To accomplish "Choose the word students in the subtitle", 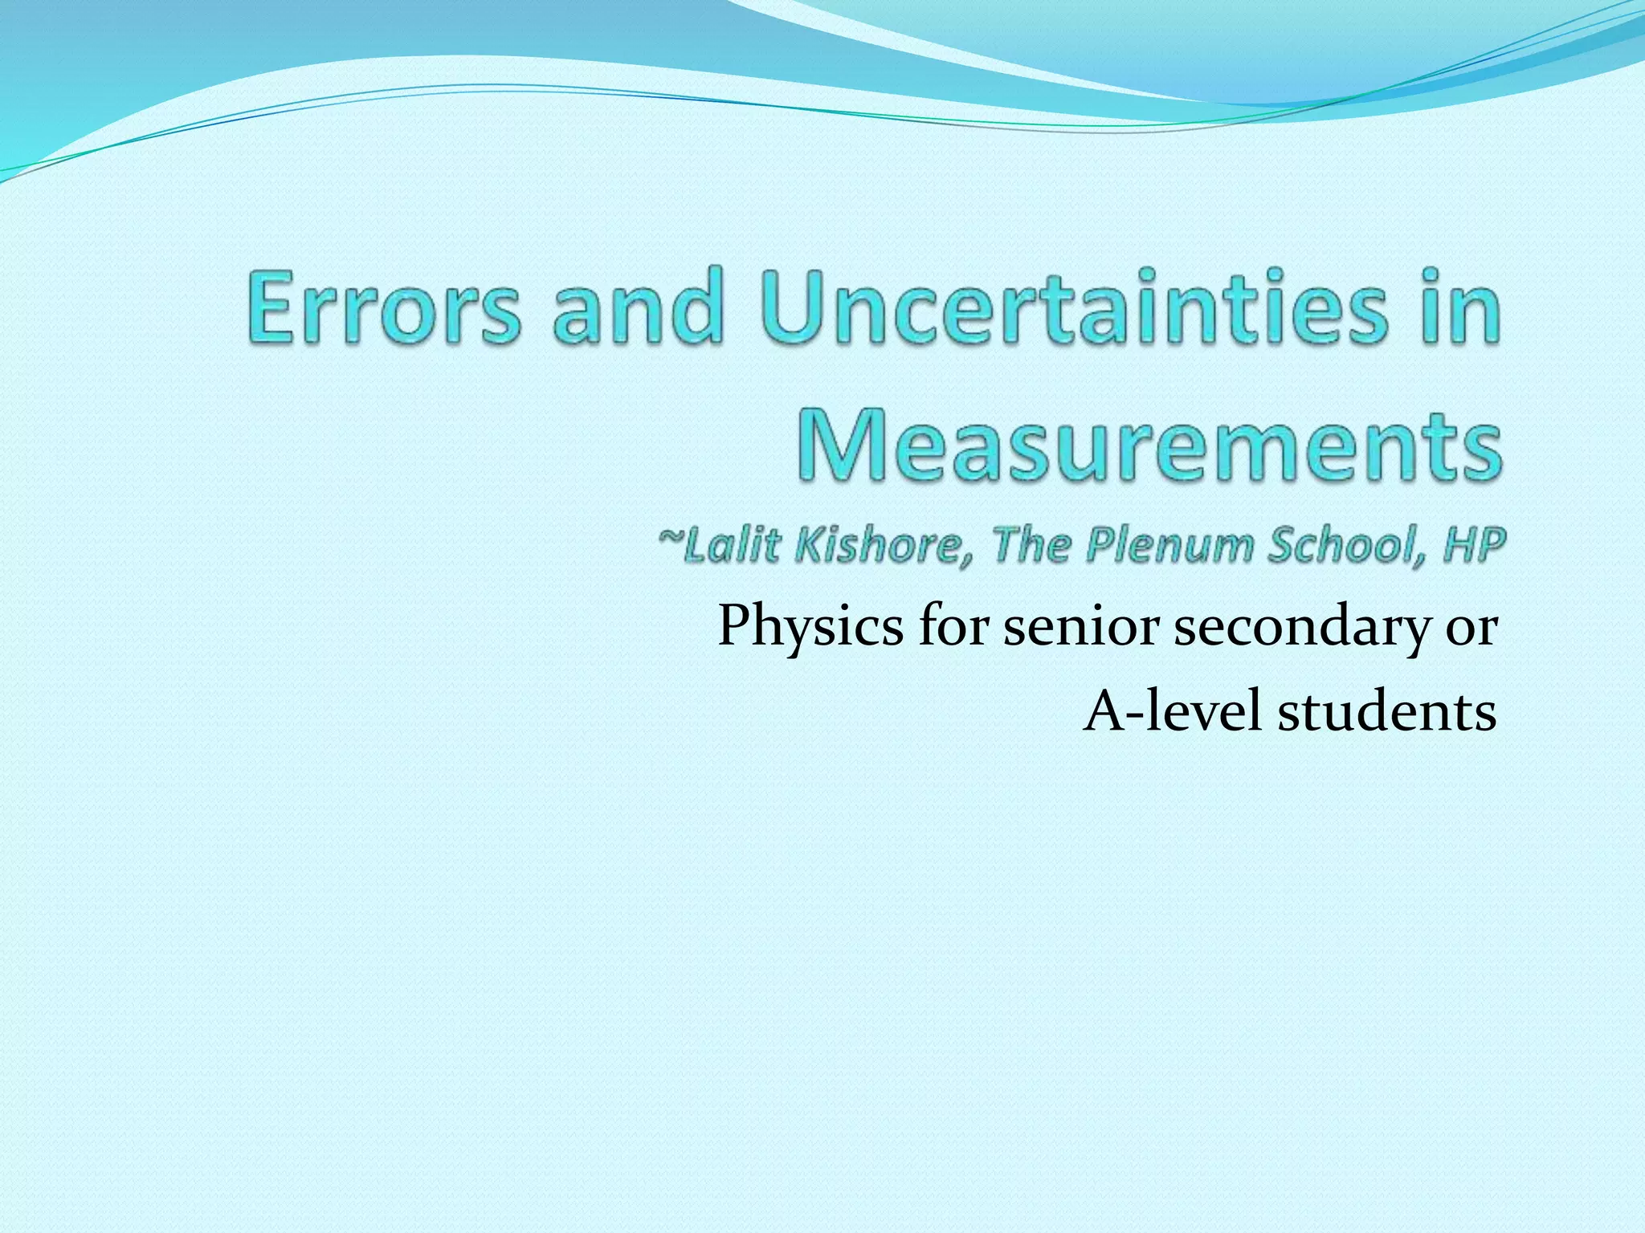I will coord(1387,711).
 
